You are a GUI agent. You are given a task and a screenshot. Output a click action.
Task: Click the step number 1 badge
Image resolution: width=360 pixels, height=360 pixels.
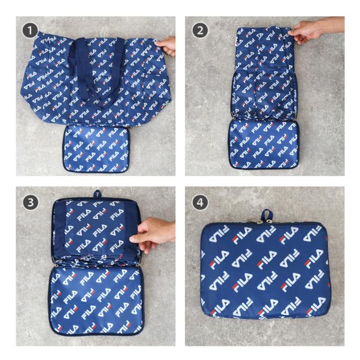(x=30, y=30)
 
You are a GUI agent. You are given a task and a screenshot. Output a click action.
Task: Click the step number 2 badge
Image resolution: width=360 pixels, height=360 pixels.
(x=200, y=30)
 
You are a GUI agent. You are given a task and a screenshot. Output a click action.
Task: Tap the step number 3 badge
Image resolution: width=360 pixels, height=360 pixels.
(x=30, y=202)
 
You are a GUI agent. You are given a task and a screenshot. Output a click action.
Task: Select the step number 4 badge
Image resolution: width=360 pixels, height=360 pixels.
(x=200, y=202)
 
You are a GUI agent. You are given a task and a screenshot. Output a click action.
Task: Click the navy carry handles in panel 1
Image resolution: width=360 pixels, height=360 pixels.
(x=96, y=69)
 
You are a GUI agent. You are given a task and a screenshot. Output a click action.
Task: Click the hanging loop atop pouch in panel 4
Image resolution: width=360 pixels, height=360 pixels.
(x=267, y=215)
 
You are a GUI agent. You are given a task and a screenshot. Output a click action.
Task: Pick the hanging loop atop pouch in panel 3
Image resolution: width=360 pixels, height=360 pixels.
(x=97, y=194)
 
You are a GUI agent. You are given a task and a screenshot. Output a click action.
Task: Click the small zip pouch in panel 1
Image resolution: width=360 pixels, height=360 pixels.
(x=96, y=148)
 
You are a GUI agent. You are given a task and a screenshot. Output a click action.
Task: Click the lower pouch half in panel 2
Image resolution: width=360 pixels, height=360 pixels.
(x=264, y=145)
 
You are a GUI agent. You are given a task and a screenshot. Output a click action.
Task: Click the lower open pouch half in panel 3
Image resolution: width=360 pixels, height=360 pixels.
(x=96, y=300)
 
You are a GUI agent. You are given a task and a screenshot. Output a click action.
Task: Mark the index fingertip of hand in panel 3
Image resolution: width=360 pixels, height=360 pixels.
(x=132, y=240)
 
